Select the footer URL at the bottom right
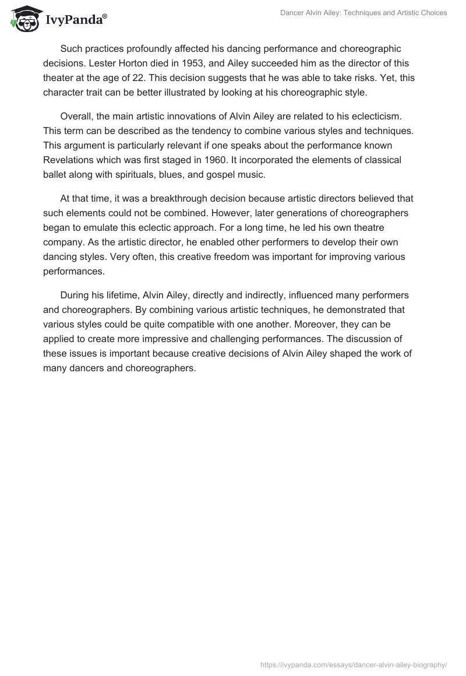coord(353,663)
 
